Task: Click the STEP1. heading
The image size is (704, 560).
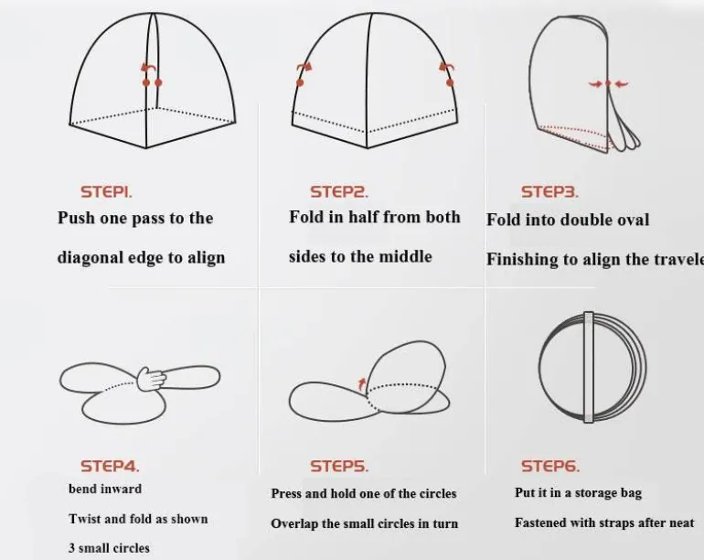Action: tap(106, 192)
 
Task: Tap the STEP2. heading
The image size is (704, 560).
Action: tap(339, 192)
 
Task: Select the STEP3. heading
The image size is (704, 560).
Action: tap(549, 192)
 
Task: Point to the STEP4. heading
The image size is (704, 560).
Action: tap(110, 466)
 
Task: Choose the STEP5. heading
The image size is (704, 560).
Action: tap(339, 466)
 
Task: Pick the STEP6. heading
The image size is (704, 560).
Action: tap(550, 466)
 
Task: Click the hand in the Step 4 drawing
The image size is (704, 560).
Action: tap(151, 379)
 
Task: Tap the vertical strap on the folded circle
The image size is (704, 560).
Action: tap(589, 367)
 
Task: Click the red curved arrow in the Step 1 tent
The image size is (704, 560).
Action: tap(149, 68)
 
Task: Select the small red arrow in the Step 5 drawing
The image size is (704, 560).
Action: tap(362, 384)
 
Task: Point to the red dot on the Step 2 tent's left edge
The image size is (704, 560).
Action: tap(300, 82)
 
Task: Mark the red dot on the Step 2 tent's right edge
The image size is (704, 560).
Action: tap(451, 82)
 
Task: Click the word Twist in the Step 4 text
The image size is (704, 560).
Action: tap(85, 519)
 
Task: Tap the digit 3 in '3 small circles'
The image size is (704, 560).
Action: tap(72, 548)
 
